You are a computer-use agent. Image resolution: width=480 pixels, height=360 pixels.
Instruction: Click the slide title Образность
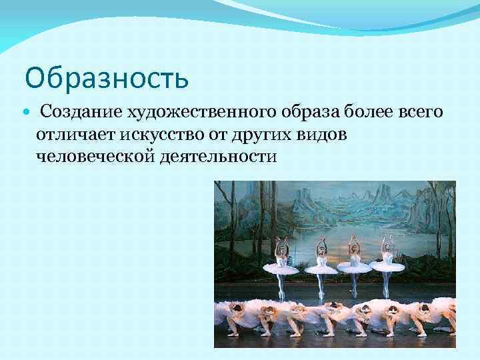pyautogui.click(x=107, y=79)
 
